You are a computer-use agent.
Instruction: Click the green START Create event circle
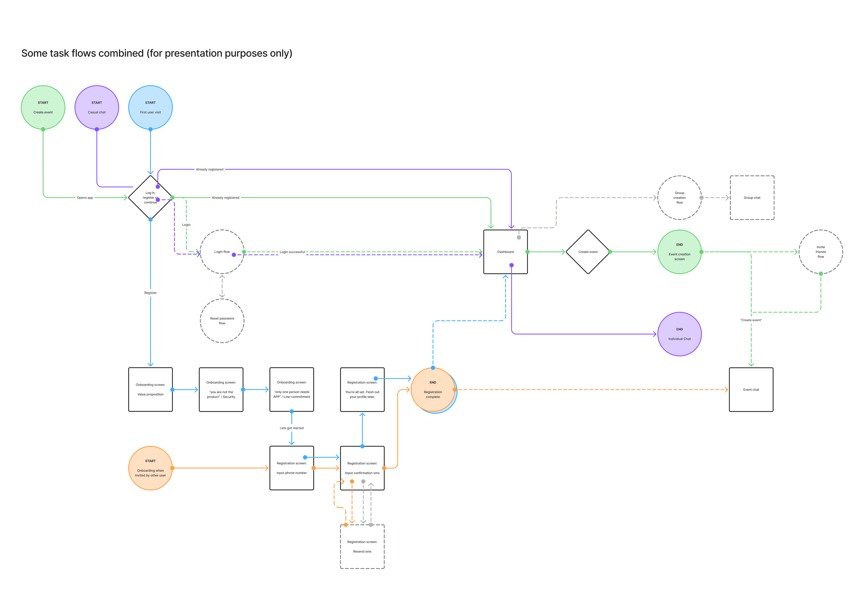point(43,107)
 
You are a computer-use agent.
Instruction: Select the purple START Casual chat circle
point(97,107)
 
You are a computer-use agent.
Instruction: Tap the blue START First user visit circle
point(151,107)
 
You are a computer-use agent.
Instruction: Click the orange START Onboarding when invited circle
point(151,468)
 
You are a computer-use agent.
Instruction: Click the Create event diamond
point(588,252)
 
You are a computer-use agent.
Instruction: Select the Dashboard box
point(505,252)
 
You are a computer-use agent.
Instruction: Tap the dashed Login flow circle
point(222,252)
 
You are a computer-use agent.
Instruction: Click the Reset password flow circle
point(222,321)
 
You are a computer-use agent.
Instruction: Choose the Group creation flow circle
point(679,197)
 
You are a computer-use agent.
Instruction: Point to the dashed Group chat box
point(752,197)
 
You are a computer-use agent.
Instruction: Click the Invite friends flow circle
point(820,252)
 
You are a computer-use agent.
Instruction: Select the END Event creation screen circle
point(679,252)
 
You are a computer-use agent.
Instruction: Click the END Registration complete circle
point(433,389)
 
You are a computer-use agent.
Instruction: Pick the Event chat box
point(751,389)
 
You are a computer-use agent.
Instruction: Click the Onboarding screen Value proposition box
point(151,389)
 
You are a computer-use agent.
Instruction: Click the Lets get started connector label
point(292,428)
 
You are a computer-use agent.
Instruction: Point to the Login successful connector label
point(292,252)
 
